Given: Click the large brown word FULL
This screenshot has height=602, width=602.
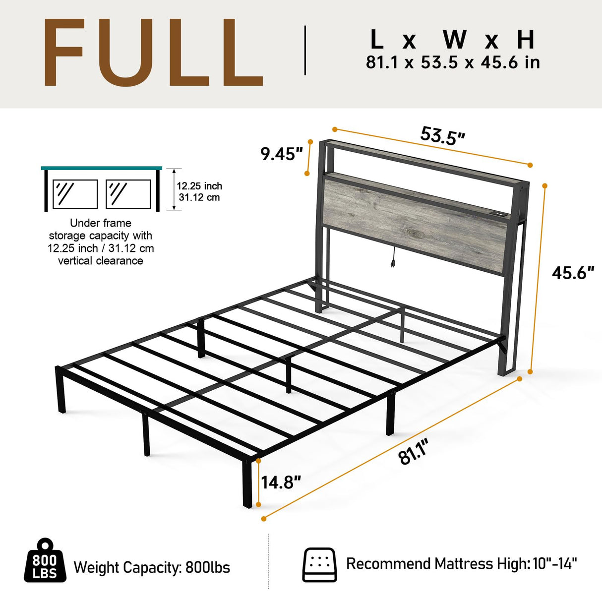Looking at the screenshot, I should (153, 54).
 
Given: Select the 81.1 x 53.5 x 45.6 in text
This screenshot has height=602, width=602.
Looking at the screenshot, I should (453, 63).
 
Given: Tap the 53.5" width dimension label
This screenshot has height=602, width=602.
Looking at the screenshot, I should (442, 135).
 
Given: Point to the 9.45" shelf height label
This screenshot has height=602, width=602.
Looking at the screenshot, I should (281, 154).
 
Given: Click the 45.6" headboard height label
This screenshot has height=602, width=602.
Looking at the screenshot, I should (573, 273).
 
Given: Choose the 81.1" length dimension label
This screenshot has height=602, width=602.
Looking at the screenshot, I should (414, 452).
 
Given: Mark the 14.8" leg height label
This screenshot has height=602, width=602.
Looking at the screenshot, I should (281, 482).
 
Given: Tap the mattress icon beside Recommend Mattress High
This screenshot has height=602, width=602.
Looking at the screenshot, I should (319, 564).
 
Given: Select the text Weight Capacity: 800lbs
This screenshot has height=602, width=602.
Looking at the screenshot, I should (152, 567).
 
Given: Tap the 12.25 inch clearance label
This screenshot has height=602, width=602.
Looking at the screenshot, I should (199, 186).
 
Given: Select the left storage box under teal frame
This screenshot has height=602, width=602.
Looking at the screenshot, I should (75, 194).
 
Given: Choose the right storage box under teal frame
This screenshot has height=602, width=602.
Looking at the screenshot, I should (128, 194).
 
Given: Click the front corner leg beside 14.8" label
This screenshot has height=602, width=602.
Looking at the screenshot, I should (247, 483).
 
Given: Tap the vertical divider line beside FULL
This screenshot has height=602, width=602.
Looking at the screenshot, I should (305, 51).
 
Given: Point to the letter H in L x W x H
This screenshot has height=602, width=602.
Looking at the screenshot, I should (526, 40).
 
